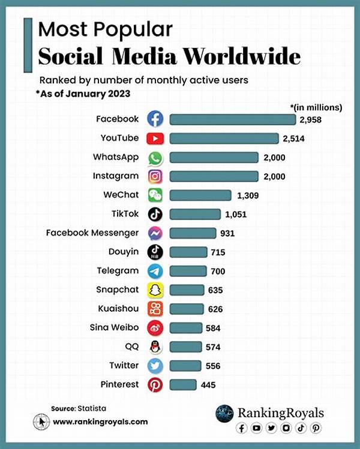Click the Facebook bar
(x=232, y=119)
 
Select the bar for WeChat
(x=200, y=195)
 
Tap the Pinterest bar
(x=183, y=384)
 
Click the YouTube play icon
(x=155, y=138)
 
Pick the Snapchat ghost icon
(x=155, y=290)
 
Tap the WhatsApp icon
(x=155, y=157)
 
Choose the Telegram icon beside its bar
(x=155, y=271)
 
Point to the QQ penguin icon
(x=155, y=346)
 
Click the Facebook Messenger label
(x=92, y=233)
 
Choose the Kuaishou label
(x=118, y=309)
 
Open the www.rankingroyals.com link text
(x=100, y=421)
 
